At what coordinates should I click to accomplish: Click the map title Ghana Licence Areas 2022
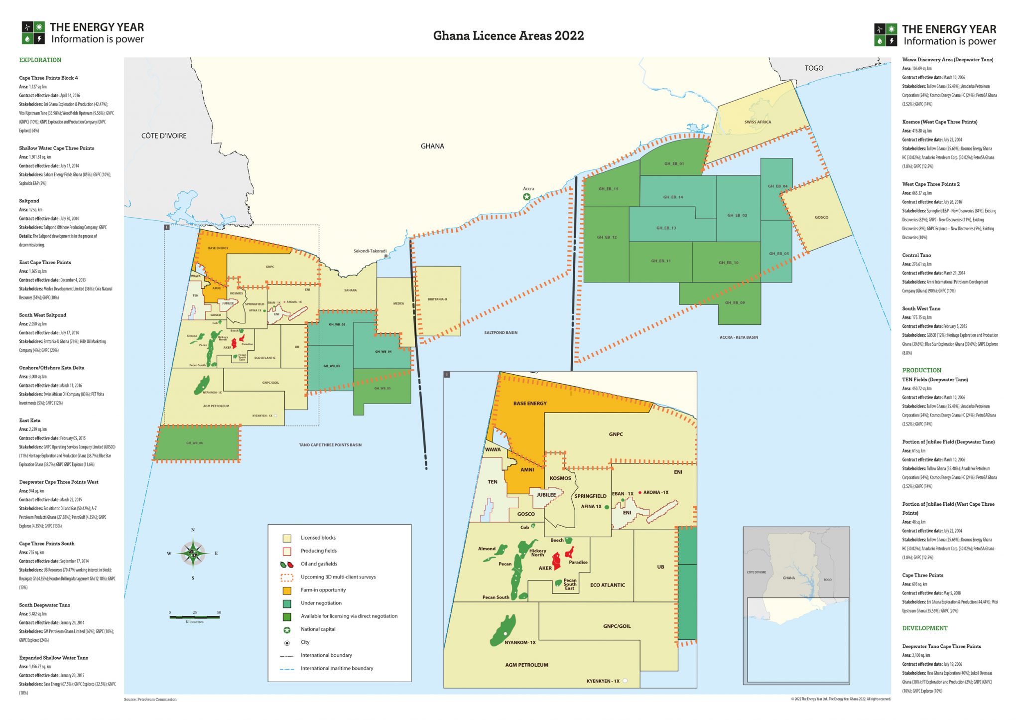(x=508, y=35)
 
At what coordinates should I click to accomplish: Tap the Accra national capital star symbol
(x=526, y=197)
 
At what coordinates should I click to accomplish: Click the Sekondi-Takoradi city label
(x=370, y=251)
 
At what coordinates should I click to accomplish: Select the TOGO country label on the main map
(x=814, y=68)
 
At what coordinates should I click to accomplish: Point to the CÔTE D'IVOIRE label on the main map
(x=164, y=136)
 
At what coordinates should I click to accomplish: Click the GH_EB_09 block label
(x=735, y=302)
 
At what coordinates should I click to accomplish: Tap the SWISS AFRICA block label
(x=758, y=122)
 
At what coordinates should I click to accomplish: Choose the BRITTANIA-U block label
(x=437, y=299)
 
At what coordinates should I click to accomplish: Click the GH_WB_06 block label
(x=194, y=443)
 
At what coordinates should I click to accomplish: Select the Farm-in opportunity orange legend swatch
(x=287, y=590)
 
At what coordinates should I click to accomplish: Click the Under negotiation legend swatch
(x=287, y=603)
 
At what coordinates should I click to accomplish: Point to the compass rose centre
(x=193, y=553)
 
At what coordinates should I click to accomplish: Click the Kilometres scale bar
(x=194, y=617)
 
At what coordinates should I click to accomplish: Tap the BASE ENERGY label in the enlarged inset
(x=530, y=404)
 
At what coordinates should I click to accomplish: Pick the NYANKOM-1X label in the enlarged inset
(x=520, y=642)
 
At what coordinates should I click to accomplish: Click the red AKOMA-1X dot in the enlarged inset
(x=640, y=492)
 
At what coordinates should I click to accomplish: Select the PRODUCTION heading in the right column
(x=921, y=370)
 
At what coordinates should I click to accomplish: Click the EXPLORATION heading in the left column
(x=40, y=60)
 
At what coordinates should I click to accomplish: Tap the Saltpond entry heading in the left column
(x=29, y=201)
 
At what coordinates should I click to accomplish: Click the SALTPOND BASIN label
(x=501, y=332)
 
